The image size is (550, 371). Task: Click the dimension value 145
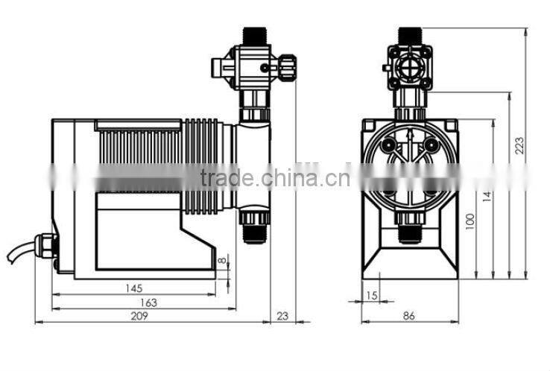click(x=134, y=288)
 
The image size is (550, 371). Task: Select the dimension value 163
click(x=148, y=302)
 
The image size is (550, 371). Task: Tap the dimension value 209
click(x=139, y=316)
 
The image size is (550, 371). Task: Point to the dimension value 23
click(x=282, y=316)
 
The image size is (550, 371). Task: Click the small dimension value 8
click(x=221, y=261)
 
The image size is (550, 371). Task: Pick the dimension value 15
click(x=372, y=296)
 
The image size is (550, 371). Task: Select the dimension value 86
click(x=408, y=316)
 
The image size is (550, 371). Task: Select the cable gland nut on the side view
click(x=48, y=243)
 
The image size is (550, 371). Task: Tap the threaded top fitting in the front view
click(x=409, y=35)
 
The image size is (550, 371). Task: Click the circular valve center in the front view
click(x=409, y=66)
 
